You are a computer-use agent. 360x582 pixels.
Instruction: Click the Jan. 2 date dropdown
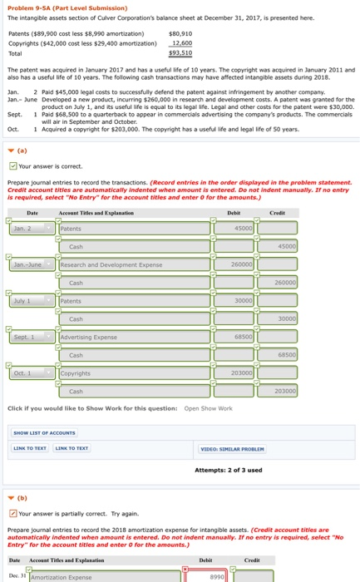(x=32, y=229)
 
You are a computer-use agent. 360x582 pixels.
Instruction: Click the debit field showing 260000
(x=241, y=265)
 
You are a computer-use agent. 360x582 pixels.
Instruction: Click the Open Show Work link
(x=208, y=408)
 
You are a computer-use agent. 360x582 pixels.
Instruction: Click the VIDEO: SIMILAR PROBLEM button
(x=231, y=450)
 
